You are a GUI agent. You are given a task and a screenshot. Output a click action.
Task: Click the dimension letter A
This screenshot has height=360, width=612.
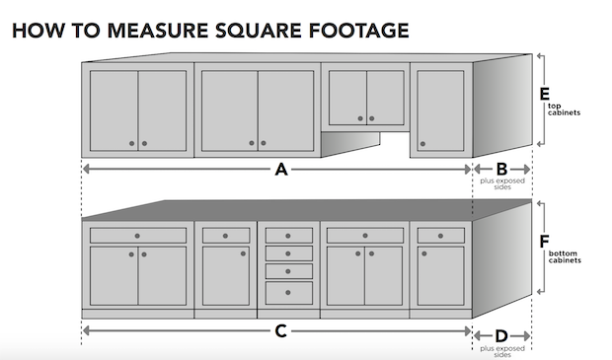click(x=281, y=170)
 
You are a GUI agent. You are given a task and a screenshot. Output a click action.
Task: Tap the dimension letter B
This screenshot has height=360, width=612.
click(x=501, y=170)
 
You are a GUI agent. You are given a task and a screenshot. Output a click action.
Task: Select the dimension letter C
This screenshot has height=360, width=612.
click(x=281, y=331)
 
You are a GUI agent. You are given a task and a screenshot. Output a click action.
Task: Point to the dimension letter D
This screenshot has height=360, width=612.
click(x=501, y=335)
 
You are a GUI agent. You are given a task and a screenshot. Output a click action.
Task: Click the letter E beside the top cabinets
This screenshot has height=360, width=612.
click(x=544, y=94)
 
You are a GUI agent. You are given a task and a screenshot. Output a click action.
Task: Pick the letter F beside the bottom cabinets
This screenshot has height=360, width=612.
click(x=544, y=242)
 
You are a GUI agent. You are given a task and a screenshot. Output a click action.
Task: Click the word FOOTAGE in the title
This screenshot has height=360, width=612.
click(x=358, y=31)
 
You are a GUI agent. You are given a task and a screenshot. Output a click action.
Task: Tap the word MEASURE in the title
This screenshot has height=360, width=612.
click(x=157, y=31)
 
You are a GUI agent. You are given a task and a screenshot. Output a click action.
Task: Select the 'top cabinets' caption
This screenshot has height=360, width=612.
click(x=564, y=109)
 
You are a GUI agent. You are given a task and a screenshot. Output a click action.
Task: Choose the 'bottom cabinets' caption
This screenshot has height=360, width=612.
click(x=565, y=256)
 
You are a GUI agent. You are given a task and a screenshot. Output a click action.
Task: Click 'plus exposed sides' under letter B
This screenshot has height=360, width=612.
click(x=502, y=183)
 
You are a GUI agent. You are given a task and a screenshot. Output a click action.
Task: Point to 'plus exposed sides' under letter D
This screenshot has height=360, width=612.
click(x=502, y=351)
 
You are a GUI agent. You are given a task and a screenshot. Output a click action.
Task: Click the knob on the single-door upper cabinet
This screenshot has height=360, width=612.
click(x=422, y=144)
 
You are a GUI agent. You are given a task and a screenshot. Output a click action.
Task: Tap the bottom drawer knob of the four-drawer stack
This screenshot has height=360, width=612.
click(x=288, y=293)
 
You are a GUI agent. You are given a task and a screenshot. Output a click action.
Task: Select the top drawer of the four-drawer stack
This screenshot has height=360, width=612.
click(x=289, y=236)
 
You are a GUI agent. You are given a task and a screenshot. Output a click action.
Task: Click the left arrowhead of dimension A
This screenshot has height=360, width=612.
click(x=86, y=169)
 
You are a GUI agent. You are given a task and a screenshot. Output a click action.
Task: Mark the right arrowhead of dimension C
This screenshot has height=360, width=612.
click(x=468, y=331)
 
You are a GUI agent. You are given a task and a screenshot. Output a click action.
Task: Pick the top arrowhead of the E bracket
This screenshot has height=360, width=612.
click(x=540, y=56)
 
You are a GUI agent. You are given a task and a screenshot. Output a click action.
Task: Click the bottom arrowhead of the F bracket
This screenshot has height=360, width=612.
click(x=540, y=291)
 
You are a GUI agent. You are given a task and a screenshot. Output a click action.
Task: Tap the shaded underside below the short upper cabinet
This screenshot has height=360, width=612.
click(x=350, y=143)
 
